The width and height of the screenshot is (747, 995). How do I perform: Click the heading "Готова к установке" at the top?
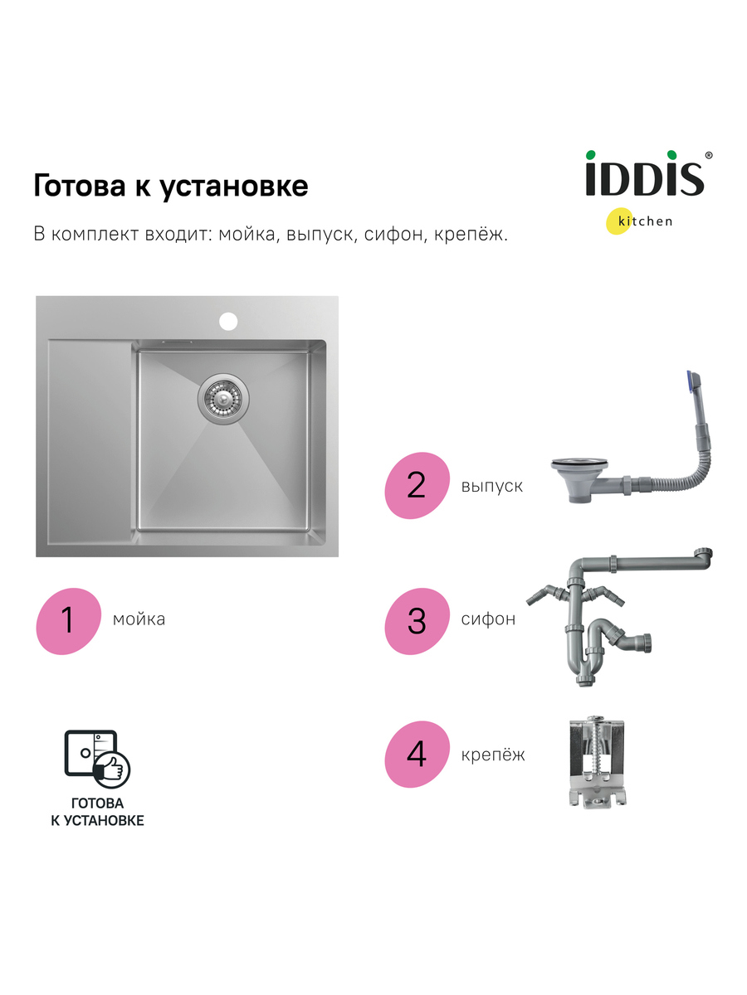170,186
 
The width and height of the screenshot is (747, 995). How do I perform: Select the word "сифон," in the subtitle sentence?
395,235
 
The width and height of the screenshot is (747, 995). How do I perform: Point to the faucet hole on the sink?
229,318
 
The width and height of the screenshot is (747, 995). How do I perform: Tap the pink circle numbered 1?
67,619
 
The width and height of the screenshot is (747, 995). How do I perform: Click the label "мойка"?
139,619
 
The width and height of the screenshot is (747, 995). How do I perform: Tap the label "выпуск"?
491,486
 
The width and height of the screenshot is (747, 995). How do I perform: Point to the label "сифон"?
488,619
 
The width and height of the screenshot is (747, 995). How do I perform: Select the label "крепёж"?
493,755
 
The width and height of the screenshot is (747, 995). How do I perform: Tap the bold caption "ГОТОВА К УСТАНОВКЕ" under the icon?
96,812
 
